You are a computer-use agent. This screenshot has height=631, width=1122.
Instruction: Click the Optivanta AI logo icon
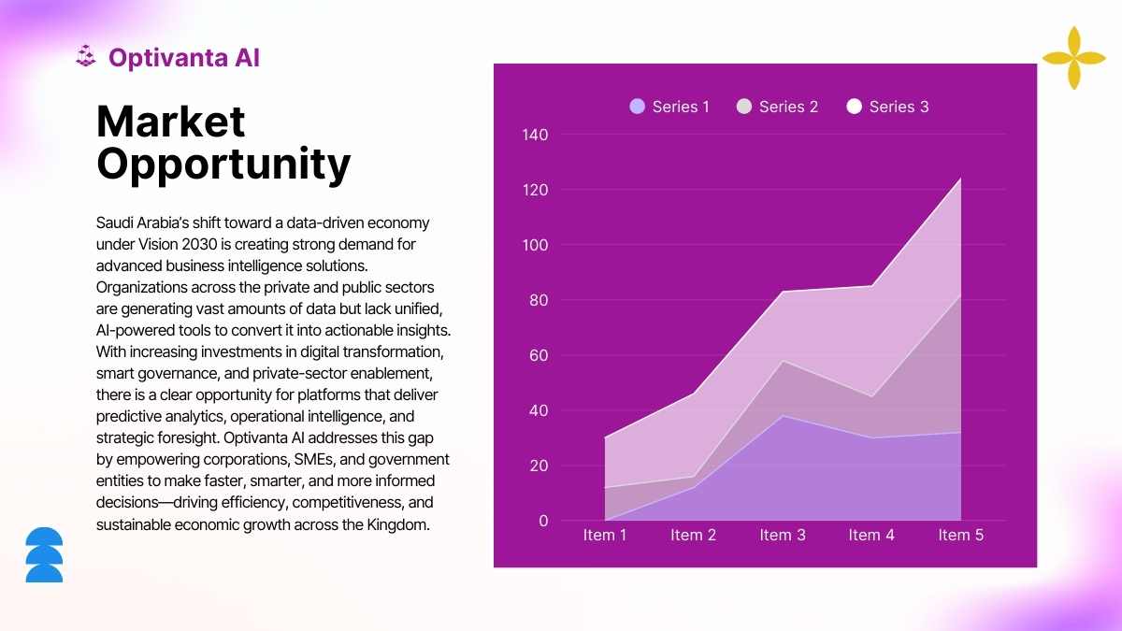coord(86,57)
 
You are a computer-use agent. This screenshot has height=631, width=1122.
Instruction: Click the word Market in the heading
coord(171,122)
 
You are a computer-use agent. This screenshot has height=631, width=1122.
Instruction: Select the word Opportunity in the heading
coord(223,164)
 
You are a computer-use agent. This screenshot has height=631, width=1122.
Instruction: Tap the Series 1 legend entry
coord(669,107)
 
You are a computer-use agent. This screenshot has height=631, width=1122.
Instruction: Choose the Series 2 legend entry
coord(777,107)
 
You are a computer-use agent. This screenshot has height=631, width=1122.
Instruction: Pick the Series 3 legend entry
coord(887,107)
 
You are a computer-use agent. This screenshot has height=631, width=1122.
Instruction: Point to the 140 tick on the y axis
coord(535,135)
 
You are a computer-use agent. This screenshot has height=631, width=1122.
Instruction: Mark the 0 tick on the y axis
coord(543,521)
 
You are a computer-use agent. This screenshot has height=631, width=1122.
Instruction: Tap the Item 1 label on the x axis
coord(605,535)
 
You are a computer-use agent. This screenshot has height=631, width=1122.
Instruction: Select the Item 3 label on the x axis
coord(783,535)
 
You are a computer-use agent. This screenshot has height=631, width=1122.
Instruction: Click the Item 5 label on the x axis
coord(960,535)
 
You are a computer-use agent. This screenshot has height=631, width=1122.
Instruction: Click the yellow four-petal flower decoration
coord(1073,58)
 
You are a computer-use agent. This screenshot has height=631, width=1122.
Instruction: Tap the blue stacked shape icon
coord(44,554)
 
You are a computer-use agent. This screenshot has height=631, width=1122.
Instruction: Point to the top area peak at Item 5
coord(960,179)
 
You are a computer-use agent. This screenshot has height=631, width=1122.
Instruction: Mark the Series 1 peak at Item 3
coord(783,416)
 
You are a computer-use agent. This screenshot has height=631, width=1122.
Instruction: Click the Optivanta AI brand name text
coord(183,58)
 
